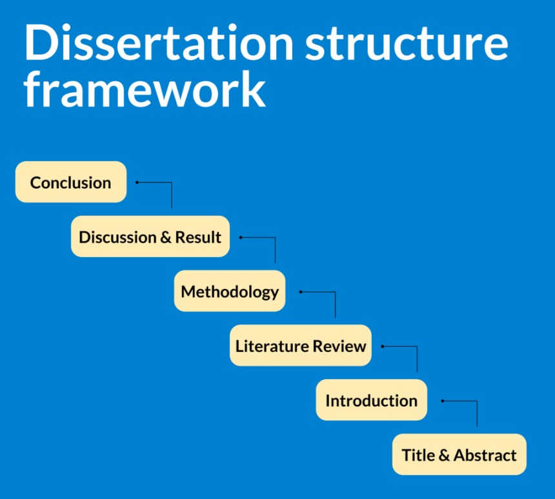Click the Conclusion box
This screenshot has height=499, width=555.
(70, 182)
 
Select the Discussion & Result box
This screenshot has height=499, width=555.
(150, 237)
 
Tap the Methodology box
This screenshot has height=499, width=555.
(230, 291)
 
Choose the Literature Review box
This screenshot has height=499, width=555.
(301, 346)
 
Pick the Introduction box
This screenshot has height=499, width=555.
(371, 400)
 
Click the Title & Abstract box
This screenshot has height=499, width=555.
(459, 455)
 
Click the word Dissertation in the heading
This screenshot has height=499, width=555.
(159, 43)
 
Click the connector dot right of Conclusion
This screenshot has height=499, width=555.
(137, 182)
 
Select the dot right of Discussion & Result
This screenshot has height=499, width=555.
(241, 237)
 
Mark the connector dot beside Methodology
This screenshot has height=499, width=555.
(301, 291)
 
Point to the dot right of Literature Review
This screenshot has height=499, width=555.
(382, 346)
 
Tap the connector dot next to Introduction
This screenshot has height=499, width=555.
(443, 401)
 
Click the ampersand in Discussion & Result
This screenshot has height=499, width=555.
(167, 237)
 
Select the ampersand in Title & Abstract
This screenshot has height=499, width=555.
(444, 455)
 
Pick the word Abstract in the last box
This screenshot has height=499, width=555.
(485, 455)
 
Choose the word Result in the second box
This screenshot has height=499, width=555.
(198, 237)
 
